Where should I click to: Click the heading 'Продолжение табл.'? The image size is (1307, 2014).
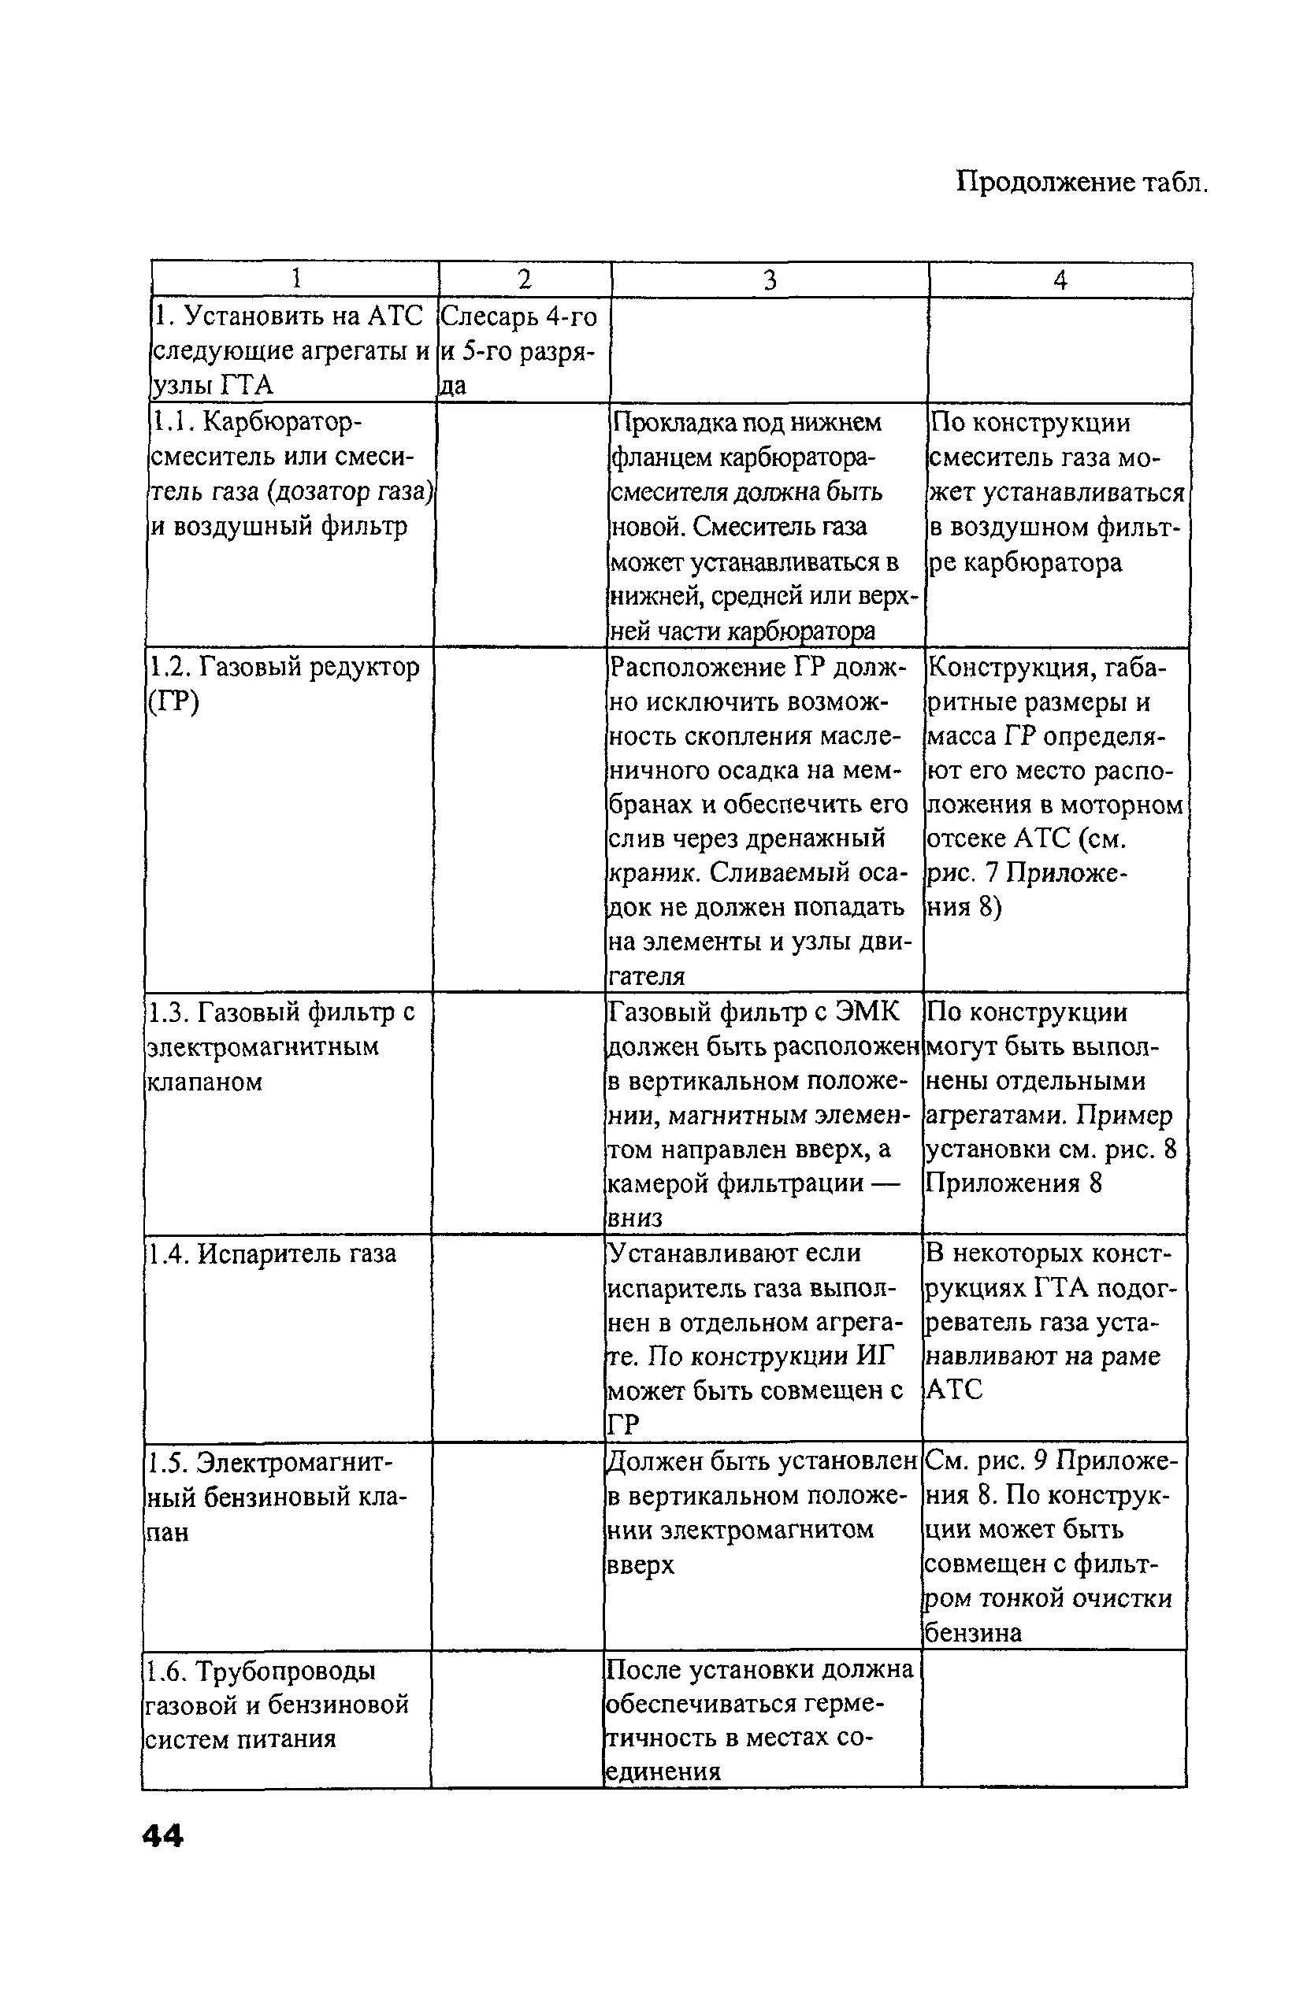click(1081, 181)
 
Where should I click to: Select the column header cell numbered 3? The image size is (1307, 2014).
click(769, 280)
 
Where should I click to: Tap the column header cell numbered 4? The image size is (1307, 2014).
click(1060, 280)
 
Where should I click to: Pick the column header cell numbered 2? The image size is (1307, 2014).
click(524, 280)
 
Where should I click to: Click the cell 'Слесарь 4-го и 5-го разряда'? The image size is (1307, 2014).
click(519, 350)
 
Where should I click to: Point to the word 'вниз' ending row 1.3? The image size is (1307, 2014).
click(635, 1218)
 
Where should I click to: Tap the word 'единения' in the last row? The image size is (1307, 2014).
click(663, 1772)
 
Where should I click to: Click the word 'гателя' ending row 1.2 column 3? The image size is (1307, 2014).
click(646, 976)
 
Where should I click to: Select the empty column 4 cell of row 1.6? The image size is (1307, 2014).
click(1054, 1719)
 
